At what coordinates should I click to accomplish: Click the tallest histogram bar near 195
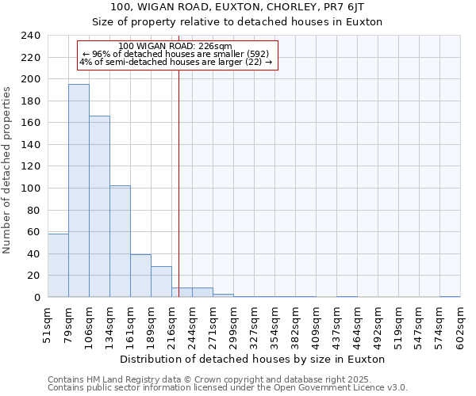pyautogui.click(x=79, y=190)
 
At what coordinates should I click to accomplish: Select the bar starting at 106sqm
pyautogui.click(x=99, y=206)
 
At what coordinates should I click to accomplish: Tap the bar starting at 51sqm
pyautogui.click(x=58, y=265)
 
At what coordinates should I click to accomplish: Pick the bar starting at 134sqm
pyautogui.click(x=120, y=242)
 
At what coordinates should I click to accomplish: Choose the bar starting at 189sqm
pyautogui.click(x=161, y=282)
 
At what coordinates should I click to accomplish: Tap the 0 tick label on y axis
pyautogui.click(x=36, y=298)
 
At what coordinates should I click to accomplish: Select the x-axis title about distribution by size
pyautogui.click(x=253, y=359)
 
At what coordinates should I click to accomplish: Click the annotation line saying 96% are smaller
pyautogui.click(x=176, y=54)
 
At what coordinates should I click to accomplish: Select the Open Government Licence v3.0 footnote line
pyautogui.click(x=227, y=388)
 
